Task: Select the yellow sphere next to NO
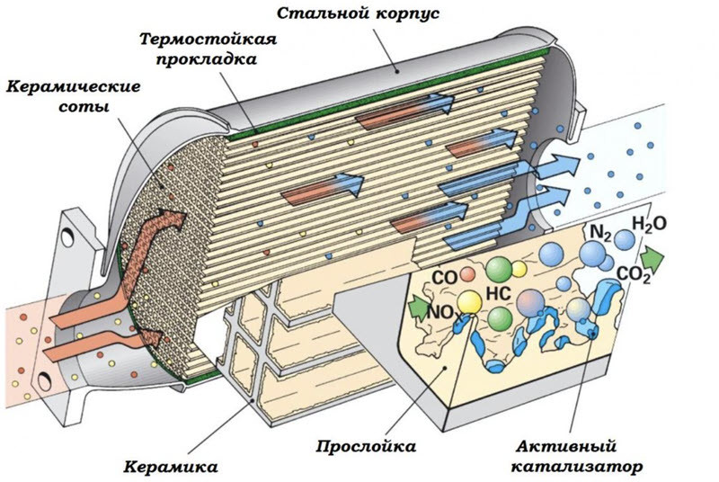coord(468,301)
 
